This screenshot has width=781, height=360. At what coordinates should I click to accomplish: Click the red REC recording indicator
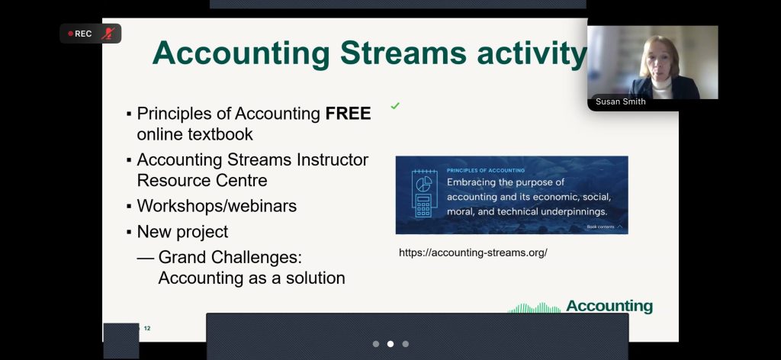coord(79,34)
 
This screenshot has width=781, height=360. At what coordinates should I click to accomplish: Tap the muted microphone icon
coord(108,34)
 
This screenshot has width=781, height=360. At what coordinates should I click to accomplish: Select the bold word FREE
coord(348,114)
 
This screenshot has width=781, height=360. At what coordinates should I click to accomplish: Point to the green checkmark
coord(395,105)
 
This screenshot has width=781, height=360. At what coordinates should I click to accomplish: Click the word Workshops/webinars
coord(217,206)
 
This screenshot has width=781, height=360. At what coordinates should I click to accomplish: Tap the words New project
coord(182,232)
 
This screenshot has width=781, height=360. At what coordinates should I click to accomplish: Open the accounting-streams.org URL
coord(473,252)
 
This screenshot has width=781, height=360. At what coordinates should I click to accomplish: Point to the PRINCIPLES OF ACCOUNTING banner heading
coord(486,170)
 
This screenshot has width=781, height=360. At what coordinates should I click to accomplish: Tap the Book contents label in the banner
coord(600,227)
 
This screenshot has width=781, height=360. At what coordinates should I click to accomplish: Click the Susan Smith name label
coord(621,101)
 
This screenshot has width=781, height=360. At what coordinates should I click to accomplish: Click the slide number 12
coord(147,328)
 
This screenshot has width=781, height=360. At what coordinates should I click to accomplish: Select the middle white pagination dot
coord(390,344)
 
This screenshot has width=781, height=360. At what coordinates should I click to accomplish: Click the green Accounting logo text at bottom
coord(609,306)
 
